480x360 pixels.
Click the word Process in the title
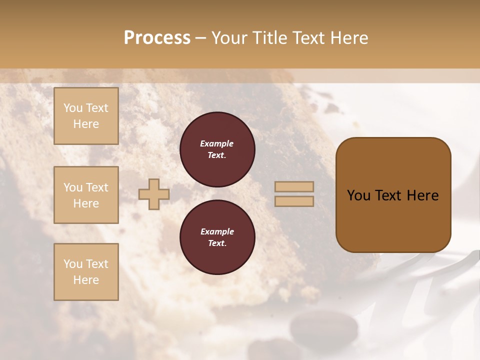(x=157, y=38)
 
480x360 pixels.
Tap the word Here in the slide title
(x=348, y=38)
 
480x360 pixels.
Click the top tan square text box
(x=86, y=116)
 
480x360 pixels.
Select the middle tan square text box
(x=86, y=195)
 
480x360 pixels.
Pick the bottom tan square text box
(x=86, y=272)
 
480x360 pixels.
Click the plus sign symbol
(x=154, y=194)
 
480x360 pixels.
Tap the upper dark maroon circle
(x=217, y=149)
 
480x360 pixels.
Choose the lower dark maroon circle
(x=217, y=237)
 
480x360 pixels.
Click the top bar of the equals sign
(x=294, y=187)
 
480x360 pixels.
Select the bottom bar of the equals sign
(x=294, y=201)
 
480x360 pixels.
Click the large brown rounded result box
(x=393, y=195)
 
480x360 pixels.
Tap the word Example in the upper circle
(x=217, y=143)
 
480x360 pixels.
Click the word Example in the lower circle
(x=217, y=231)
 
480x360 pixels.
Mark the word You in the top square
(x=72, y=108)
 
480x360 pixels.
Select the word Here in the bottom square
(x=86, y=280)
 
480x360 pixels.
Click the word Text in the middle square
(x=96, y=187)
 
